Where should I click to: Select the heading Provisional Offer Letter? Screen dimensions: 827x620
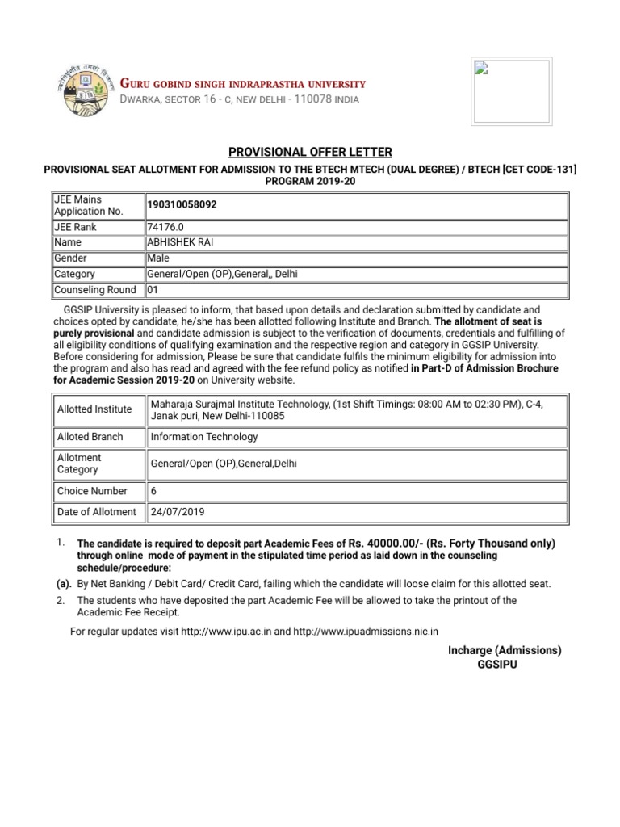point(310,152)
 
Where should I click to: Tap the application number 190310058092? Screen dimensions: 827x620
point(182,205)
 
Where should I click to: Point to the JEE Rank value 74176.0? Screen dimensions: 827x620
point(166,227)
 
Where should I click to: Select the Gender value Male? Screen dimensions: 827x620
point(158,258)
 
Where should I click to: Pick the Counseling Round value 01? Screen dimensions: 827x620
point(153,289)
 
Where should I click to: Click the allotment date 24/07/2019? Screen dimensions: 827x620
point(178,512)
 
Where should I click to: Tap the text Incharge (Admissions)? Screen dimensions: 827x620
point(505,650)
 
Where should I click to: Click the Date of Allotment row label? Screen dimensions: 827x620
point(97,512)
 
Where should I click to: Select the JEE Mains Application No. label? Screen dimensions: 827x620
point(89,205)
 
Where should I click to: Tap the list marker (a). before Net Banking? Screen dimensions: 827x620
point(64,584)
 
